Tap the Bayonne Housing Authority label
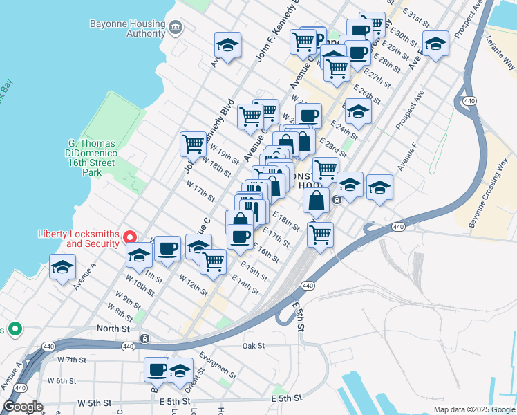pos(128,28)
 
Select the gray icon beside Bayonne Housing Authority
pos(176,28)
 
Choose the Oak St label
pos(254,345)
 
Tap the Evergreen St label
pos(218,365)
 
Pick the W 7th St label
pos(72,360)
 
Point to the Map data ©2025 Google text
pos(473,409)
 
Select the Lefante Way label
pos(500,53)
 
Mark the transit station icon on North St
pos(144,338)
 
